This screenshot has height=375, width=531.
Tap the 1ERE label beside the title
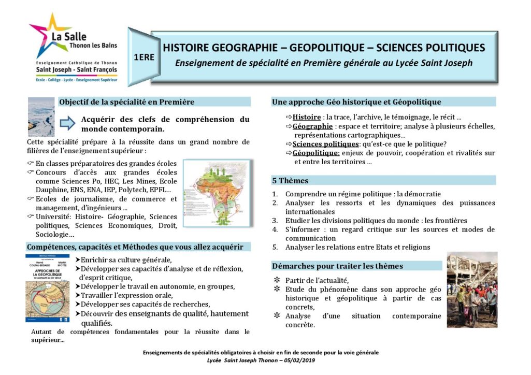coord(143,57)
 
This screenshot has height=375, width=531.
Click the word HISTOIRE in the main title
coord(186,48)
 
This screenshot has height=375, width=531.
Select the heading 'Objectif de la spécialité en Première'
coord(126,102)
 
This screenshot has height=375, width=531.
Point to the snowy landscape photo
coord(41,117)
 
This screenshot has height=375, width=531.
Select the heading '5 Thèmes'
coord(290,181)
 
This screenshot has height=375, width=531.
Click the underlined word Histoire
coord(307,117)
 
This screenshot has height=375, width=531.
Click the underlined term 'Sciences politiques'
coord(325,144)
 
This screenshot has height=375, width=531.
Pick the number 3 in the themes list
coord(275,221)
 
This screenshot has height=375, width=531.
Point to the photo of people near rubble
coord(471,290)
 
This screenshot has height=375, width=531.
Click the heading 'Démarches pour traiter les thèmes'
coord(337,266)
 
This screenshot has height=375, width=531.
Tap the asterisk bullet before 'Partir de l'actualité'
coord(276,280)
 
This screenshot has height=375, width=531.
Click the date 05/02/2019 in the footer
coord(299,360)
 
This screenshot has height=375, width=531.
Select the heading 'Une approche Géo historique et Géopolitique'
coord(356,102)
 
